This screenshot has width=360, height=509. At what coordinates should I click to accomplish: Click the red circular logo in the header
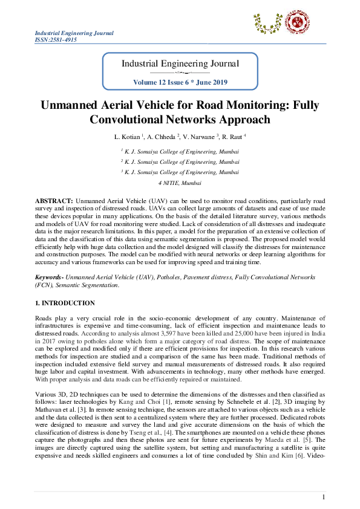[298, 24]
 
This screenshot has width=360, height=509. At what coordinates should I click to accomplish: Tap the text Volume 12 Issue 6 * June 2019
[180, 82]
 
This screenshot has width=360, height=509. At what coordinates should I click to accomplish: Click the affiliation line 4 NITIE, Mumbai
[180, 182]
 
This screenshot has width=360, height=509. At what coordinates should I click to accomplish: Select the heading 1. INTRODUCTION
[64, 303]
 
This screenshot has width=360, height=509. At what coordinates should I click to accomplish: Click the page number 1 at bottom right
[324, 497]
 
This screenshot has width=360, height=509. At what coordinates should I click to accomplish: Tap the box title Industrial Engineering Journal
[180, 63]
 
